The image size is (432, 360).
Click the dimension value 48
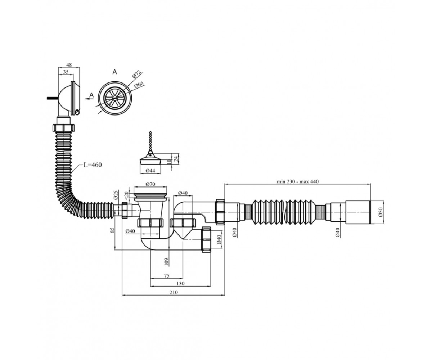click(x=69, y=65)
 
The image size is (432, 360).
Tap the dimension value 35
click(x=66, y=72)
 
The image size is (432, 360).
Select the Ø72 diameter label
click(x=136, y=74)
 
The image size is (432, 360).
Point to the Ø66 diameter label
click(x=139, y=85)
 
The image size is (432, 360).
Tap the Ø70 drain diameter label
click(x=150, y=184)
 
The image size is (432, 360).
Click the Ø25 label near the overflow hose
click(x=116, y=195)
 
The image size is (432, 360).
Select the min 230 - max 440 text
click(x=298, y=181)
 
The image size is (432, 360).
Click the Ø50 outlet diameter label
click(x=381, y=212)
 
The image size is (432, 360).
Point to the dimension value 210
click(x=174, y=292)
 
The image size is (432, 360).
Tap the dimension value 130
click(x=181, y=283)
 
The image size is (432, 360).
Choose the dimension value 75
click(x=167, y=276)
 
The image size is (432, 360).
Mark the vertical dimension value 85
click(x=112, y=230)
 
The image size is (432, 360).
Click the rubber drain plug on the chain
click(x=150, y=160)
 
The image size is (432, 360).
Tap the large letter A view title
click(x=114, y=72)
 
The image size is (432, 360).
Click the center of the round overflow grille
click(x=114, y=98)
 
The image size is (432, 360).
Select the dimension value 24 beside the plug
click(x=176, y=159)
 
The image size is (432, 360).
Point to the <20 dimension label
click(x=126, y=195)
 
